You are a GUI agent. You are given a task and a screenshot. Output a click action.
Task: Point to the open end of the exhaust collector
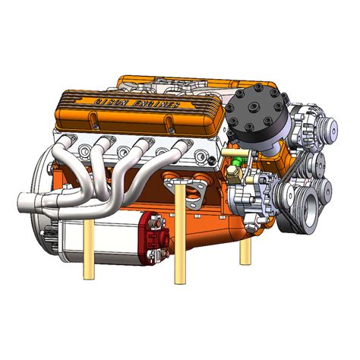[x=23, y=201]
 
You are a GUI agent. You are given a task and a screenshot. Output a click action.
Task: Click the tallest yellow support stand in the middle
[x=179, y=235]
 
